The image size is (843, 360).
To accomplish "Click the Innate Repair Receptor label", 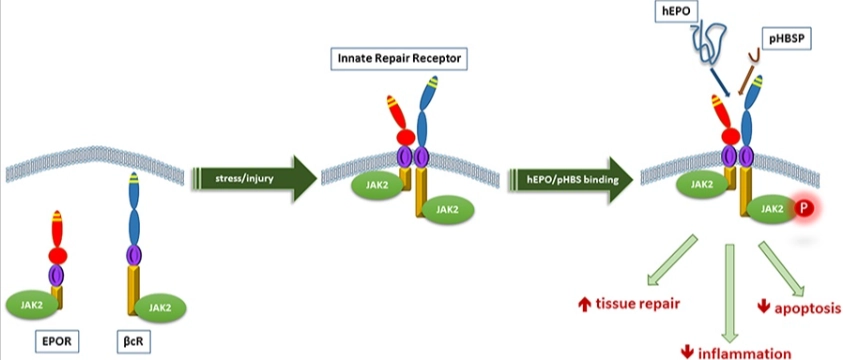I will point(398,59).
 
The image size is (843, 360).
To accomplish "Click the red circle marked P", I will point(805,208).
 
